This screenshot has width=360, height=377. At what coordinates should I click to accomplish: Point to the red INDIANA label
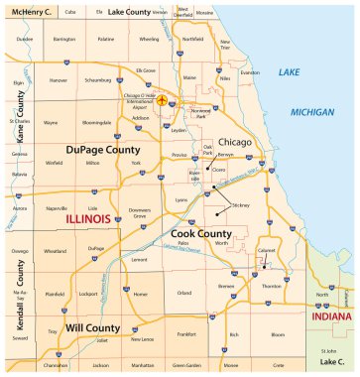point(330,316)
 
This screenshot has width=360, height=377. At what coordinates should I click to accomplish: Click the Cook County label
point(202,233)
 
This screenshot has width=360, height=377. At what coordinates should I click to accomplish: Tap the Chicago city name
point(235,142)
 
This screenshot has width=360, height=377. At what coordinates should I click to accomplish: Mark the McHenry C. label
point(34,11)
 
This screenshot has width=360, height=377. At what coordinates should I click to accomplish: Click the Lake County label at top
point(128,11)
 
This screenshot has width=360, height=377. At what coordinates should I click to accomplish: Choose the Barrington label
point(64,39)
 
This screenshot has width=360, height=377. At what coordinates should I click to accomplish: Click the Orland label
point(183,294)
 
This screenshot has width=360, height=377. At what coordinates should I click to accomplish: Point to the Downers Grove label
point(140,214)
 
